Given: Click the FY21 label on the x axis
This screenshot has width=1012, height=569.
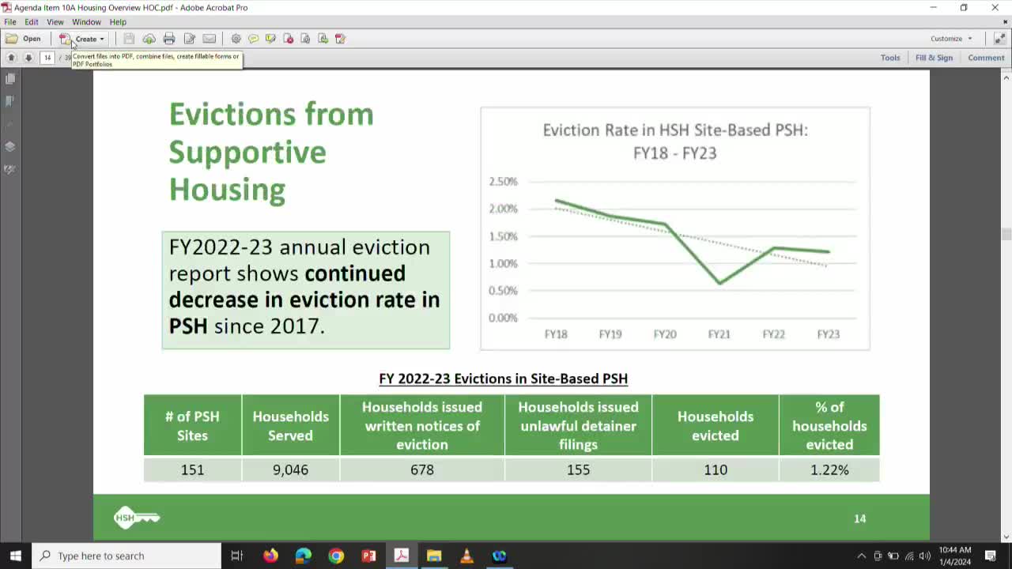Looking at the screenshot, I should click(719, 334).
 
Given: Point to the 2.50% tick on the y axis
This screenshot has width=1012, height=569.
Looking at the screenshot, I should click(503, 182).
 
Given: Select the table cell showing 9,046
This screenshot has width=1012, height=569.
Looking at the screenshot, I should click(290, 469).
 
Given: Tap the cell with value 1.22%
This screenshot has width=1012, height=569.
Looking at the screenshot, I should click(829, 469).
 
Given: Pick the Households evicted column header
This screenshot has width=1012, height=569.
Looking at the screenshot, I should click(715, 426).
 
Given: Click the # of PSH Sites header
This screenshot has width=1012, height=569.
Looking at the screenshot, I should click(192, 426).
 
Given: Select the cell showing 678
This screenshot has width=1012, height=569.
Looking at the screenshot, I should click(422, 469).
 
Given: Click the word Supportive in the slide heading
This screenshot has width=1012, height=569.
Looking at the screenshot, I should click(247, 152).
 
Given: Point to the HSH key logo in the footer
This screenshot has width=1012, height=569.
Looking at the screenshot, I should click(137, 518).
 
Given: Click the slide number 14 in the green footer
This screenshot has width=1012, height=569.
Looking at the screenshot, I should click(860, 518).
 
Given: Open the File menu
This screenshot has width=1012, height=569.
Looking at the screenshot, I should click(10, 22).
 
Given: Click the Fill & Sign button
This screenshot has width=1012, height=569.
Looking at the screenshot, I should click(934, 58).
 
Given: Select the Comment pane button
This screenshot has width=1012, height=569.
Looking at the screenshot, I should click(986, 58).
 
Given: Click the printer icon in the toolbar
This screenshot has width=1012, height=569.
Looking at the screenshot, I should click(169, 39).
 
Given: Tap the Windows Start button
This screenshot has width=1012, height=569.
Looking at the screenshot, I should click(15, 556).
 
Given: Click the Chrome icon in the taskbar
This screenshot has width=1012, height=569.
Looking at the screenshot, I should click(336, 556).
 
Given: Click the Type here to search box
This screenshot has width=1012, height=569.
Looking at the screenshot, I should click(126, 556).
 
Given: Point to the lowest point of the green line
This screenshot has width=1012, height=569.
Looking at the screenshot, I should click(719, 283).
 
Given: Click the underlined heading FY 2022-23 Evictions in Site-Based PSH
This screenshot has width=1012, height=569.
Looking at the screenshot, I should click(503, 379).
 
